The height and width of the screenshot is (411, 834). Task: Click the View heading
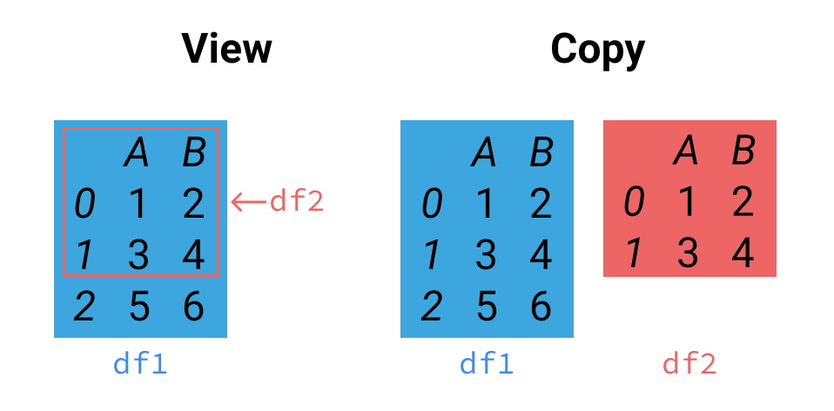point(226,50)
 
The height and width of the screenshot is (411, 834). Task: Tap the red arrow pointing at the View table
point(247,202)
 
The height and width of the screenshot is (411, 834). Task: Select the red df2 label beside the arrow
point(296,201)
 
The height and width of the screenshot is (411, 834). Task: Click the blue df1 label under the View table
point(140,364)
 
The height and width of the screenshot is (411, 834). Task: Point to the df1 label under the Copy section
point(487,364)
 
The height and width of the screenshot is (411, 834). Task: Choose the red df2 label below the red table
point(689,364)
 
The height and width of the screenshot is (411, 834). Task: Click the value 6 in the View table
point(193,307)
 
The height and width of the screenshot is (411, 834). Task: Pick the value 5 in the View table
point(138,307)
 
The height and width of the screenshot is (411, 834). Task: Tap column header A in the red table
point(686,152)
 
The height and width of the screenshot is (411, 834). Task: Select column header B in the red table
point(743,152)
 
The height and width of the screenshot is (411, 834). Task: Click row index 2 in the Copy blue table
point(431,307)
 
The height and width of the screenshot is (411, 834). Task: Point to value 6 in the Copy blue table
point(541,307)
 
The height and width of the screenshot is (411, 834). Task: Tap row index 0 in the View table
point(84,205)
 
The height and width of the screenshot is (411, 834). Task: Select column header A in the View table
point(138,153)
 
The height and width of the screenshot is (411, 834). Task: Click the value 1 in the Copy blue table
point(485,205)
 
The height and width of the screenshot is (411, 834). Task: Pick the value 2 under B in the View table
point(193,205)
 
